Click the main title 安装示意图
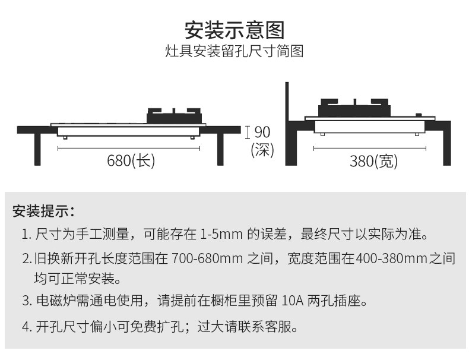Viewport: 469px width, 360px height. click(235, 29)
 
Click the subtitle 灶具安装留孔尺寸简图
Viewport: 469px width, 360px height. click(235, 52)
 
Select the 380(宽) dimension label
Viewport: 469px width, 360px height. click(373, 160)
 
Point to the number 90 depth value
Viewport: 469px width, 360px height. click(262, 132)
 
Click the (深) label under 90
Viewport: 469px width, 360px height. click(262, 150)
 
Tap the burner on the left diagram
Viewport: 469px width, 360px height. click(173, 115)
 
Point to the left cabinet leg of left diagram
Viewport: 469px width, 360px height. click(37, 149)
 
